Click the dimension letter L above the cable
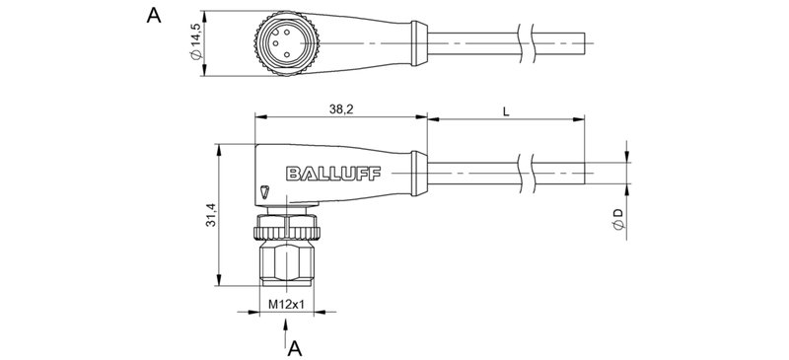click(505, 110)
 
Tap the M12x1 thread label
click(286, 307)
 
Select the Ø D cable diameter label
click(617, 220)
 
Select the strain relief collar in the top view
click(418, 43)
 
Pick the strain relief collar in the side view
click(418, 173)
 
